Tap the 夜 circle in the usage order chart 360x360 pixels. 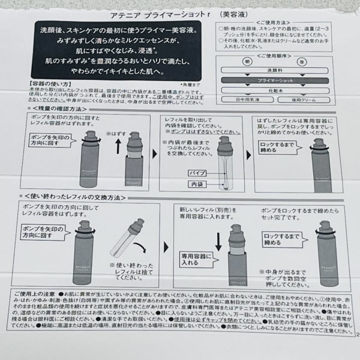[x=286, y=62]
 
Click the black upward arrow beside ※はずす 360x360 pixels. [x=117, y=144]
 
